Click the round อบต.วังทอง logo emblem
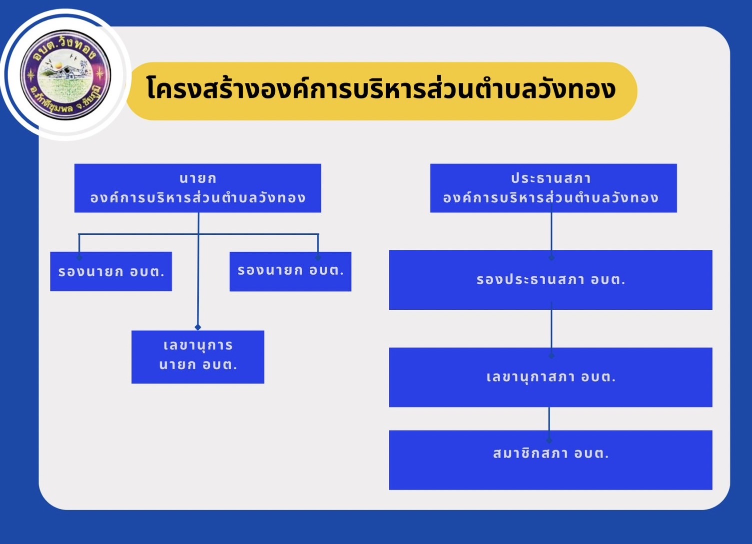pyautogui.click(x=66, y=74)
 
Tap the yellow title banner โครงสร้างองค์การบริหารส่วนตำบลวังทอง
pyautogui.click(x=382, y=91)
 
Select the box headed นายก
pyautogui.click(x=198, y=188)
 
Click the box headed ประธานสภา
pyautogui.click(x=554, y=188)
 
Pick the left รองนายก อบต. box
pyautogui.click(x=111, y=271)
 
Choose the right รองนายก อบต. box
pyautogui.click(x=290, y=271)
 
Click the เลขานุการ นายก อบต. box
pyautogui.click(x=198, y=357)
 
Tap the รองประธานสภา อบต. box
pyautogui.click(x=551, y=280)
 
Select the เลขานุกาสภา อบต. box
pyautogui.click(x=551, y=377)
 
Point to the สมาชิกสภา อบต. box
pyautogui.click(x=551, y=460)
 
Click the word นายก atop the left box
pyautogui.click(x=198, y=178)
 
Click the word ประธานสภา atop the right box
pyautogui.click(x=551, y=178)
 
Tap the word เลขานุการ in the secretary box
pyautogui.click(x=198, y=346)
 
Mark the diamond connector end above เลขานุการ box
pyautogui.click(x=198, y=327)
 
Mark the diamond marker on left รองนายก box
pyautogui.click(x=79, y=257)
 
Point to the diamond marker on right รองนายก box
pyautogui.click(x=318, y=257)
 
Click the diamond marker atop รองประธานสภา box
pyautogui.click(x=551, y=258)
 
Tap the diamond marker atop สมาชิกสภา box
pyautogui.click(x=549, y=440)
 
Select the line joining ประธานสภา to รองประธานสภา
pyautogui.click(x=551, y=232)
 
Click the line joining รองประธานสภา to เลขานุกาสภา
pyautogui.click(x=551, y=329)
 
